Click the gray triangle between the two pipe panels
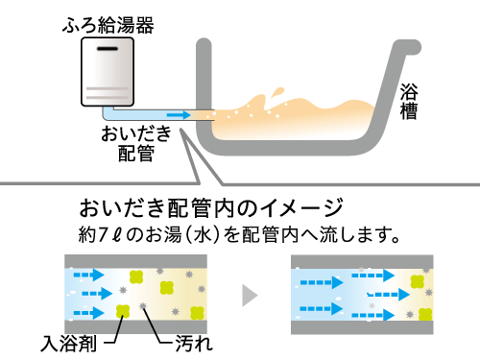click(x=251, y=292)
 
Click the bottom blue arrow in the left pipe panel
click(x=90, y=309)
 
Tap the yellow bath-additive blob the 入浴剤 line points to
click(x=123, y=310)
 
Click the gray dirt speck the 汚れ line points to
click(x=145, y=305)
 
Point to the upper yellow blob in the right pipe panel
click(x=416, y=279)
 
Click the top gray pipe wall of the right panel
click(x=366, y=260)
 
